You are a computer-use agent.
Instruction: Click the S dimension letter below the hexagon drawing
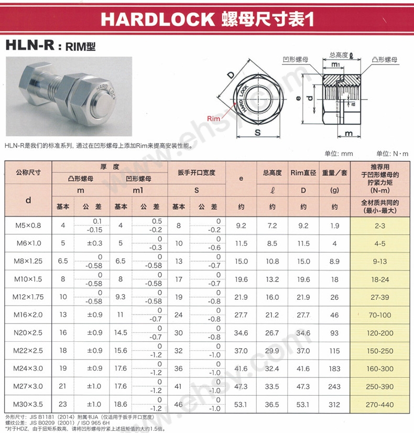pyautogui.click(x=258, y=133)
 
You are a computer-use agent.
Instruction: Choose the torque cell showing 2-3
pyautogui.click(x=380, y=226)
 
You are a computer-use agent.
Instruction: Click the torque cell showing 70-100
pyautogui.click(x=380, y=315)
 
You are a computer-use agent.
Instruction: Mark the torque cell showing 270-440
pyautogui.click(x=380, y=405)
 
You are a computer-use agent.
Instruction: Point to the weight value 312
pyautogui.click(x=334, y=405)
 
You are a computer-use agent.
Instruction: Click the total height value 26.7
pyautogui.click(x=273, y=333)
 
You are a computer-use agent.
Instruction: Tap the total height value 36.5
pyautogui.click(x=273, y=405)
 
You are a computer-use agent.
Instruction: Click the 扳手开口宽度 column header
pyautogui.click(x=197, y=172)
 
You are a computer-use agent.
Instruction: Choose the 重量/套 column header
pyautogui.click(x=334, y=172)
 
